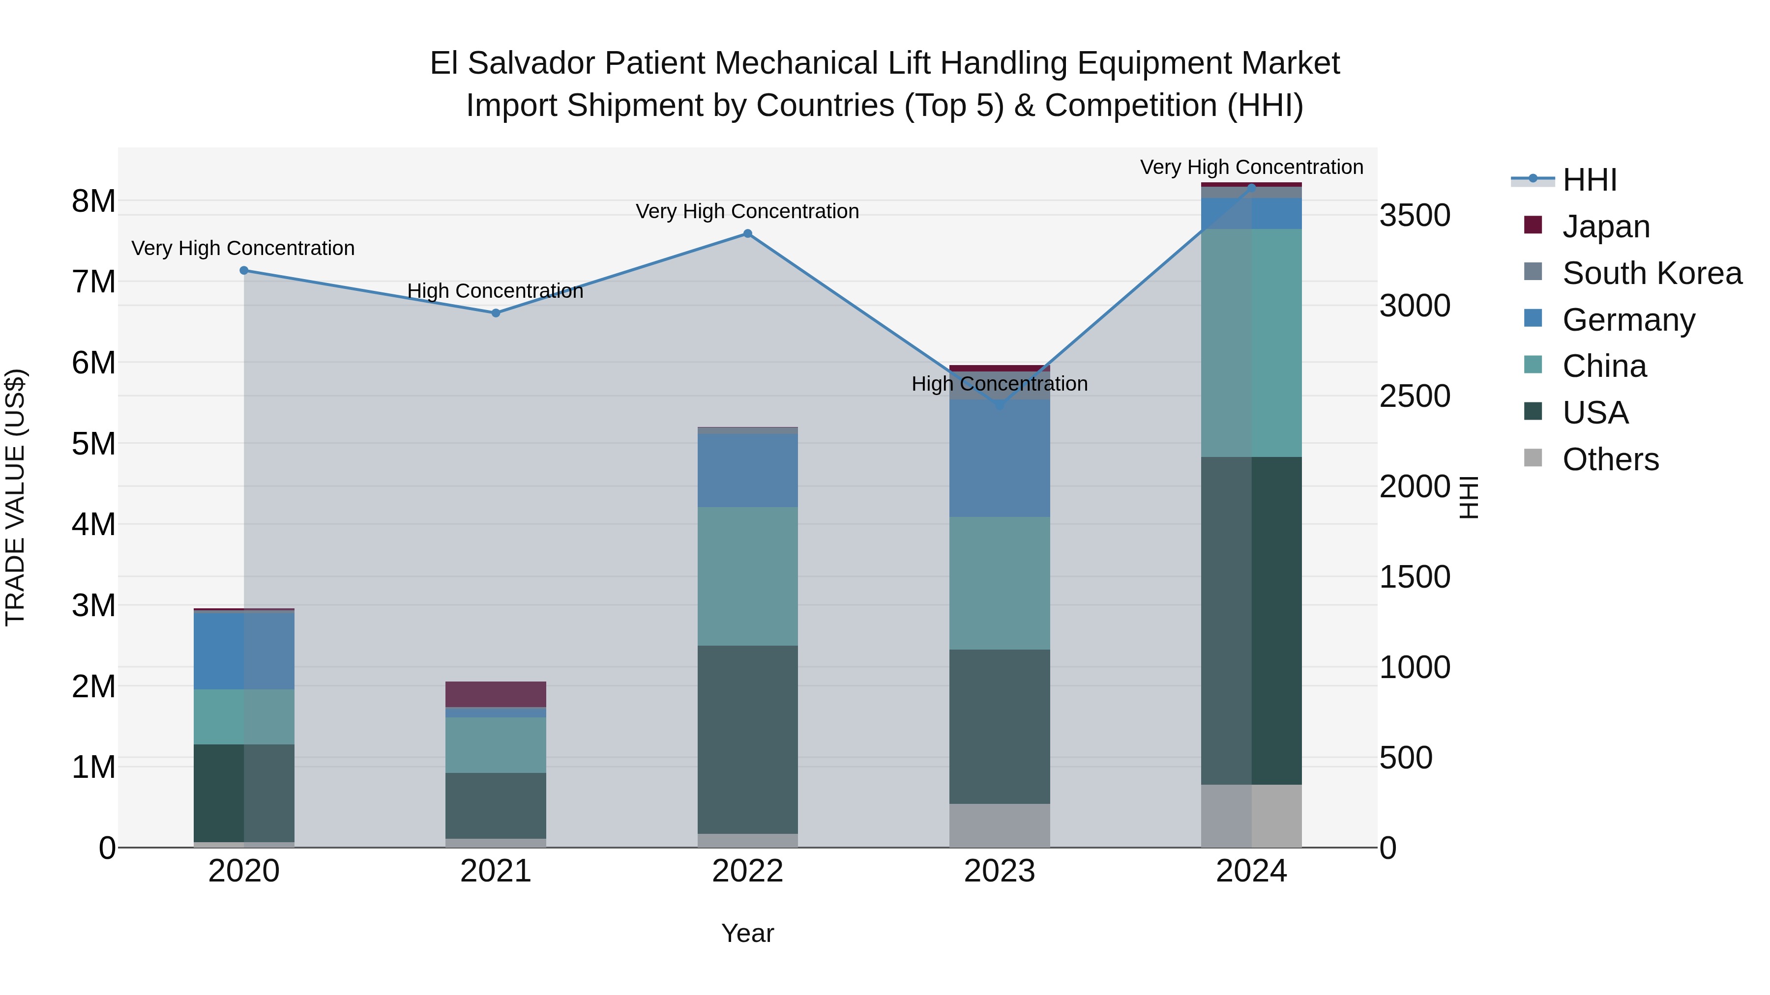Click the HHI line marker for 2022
coord(747,233)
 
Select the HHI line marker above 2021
coord(496,313)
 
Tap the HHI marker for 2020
coord(244,271)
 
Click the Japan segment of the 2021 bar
coord(496,694)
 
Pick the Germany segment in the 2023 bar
coord(999,458)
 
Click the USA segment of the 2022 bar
coord(747,739)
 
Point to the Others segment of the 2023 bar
coord(999,825)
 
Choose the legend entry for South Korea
coord(1652,273)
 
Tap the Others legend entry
coord(1610,459)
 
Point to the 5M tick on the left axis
coord(94,444)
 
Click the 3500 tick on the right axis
coord(1415,216)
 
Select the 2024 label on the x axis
coord(1251,871)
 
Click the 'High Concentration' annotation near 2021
coord(496,291)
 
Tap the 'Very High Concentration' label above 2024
coord(1251,167)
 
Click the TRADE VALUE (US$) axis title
coord(15,497)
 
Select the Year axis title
coord(747,933)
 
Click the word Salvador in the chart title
coord(531,63)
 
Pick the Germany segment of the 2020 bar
coord(244,650)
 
